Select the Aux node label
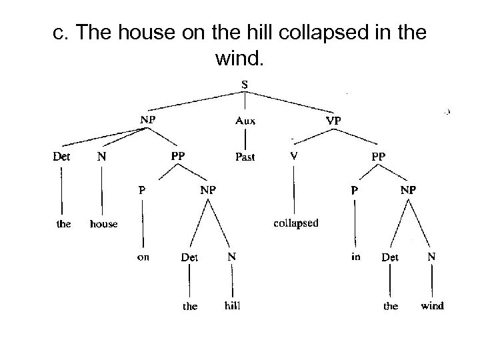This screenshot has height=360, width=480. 245,121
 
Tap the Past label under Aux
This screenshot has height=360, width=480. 245,157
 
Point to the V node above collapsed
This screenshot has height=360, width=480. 294,156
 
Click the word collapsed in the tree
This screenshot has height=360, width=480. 297,223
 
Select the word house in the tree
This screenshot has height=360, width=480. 103,224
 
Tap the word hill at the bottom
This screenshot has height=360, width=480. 233,306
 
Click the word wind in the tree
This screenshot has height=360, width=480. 431,306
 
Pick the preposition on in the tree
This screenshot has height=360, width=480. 143,257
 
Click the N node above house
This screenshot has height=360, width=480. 102,157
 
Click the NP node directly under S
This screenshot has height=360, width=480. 147,121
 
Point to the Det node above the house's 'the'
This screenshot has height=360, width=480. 62,157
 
